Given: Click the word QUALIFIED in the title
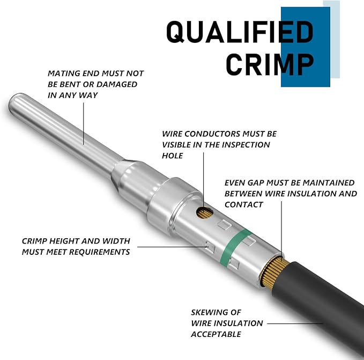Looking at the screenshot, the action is click(x=240, y=32).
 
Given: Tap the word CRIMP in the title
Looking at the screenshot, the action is click(x=270, y=64).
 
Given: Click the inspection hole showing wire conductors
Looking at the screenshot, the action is click(x=205, y=212).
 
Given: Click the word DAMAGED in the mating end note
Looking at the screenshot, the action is click(x=117, y=84).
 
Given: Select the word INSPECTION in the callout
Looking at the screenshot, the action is click(x=246, y=145).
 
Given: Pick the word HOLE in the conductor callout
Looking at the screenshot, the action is click(x=173, y=156).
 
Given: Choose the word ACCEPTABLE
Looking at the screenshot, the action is click(x=216, y=334).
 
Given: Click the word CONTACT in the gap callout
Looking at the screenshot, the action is click(x=244, y=204).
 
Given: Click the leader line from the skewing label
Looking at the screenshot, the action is click(x=295, y=324).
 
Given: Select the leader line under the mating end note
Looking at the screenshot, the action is click(x=84, y=123).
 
